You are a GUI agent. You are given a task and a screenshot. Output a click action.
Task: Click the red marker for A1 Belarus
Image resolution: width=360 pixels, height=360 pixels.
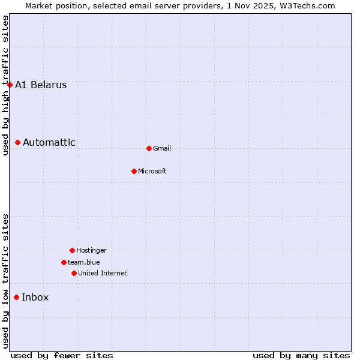click(10, 85)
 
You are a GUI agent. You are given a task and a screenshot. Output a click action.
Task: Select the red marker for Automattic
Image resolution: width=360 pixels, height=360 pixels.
click(18, 142)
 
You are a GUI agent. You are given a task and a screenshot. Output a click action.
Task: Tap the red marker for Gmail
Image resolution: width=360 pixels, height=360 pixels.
click(149, 148)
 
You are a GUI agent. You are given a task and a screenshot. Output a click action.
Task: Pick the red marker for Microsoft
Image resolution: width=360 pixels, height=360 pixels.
click(134, 171)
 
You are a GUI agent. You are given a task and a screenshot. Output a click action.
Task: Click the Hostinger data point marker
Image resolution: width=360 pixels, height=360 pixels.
click(72, 250)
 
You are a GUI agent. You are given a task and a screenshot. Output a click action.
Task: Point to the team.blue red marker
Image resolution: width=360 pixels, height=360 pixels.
click(64, 262)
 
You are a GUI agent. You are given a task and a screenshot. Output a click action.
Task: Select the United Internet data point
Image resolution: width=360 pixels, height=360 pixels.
click(74, 273)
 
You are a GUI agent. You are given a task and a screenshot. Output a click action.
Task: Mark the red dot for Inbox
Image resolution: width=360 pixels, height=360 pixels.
click(17, 297)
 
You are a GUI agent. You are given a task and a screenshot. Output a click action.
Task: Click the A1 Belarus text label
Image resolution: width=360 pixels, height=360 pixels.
click(41, 85)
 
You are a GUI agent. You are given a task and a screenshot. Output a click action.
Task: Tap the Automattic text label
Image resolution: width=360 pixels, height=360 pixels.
click(49, 142)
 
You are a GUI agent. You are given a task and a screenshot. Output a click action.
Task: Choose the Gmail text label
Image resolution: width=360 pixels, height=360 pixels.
click(162, 148)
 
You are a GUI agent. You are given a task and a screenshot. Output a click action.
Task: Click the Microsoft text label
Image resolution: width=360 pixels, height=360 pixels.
click(152, 171)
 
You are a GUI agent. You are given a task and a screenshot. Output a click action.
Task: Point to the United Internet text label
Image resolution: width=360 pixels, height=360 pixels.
click(103, 273)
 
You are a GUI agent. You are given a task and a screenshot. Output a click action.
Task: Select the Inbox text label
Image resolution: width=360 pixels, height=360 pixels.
click(35, 297)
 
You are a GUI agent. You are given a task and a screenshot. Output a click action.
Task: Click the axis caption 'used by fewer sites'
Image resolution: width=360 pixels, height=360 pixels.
click(62, 355)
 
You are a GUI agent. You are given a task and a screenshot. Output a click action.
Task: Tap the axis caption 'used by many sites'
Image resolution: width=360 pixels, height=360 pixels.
click(301, 355)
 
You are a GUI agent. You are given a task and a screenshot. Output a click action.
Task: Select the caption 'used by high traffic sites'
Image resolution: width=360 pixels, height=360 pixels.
click(5, 85)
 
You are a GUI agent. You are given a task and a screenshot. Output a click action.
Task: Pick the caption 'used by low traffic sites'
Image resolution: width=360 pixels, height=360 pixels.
click(5, 281)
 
